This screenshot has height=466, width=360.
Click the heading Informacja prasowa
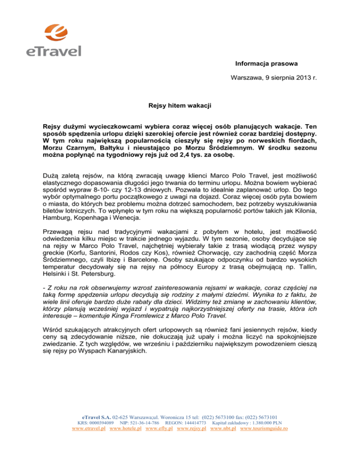point(266,63)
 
